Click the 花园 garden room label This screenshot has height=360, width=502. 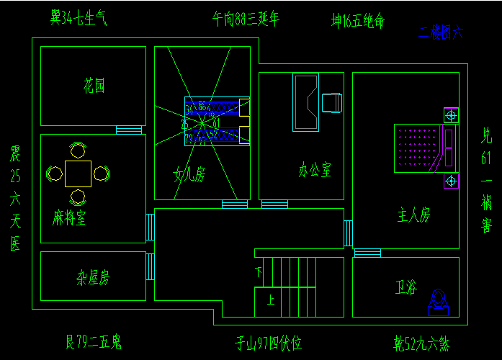(x=94, y=86)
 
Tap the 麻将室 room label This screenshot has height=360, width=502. (x=69, y=217)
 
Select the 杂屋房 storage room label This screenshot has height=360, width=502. (x=93, y=276)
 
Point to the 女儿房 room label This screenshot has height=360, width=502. (x=190, y=174)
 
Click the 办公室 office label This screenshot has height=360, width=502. (x=315, y=171)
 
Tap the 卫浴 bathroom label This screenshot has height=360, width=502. (x=406, y=287)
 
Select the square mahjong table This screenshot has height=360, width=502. (x=78, y=173)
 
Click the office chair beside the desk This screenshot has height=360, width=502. (x=332, y=103)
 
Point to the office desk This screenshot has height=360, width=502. (x=305, y=102)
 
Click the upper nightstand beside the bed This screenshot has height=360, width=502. (x=452, y=114)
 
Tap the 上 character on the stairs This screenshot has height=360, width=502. (x=270, y=300)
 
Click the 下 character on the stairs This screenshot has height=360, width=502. (x=259, y=272)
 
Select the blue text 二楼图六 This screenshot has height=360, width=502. (x=442, y=32)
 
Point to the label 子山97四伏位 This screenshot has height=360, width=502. (x=267, y=343)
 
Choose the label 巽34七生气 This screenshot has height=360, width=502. (x=79, y=17)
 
